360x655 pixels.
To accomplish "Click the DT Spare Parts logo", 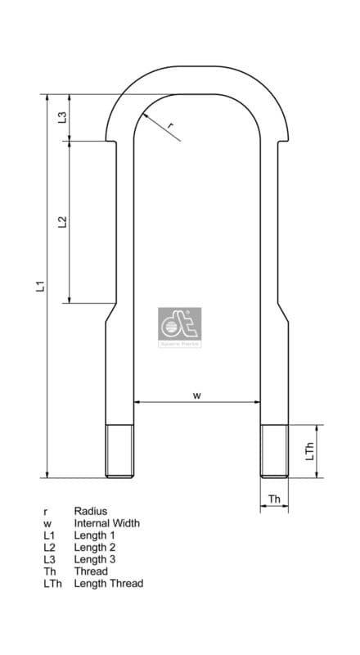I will coord(178,327).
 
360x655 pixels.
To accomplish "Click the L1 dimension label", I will coord(38,286).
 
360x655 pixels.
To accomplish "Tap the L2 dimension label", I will coord(62,222).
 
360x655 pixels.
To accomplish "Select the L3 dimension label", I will coord(62,117).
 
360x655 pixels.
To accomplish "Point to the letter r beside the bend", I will coord(170,125).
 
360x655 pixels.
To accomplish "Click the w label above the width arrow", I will coord(197,395).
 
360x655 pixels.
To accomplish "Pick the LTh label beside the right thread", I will coord(309,451).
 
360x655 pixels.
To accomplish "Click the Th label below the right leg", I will coord(274,498).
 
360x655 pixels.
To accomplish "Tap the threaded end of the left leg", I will coord(119,451).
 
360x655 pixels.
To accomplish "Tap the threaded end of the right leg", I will coord(274,451).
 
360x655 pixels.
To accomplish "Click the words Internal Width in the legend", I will coord(106,522).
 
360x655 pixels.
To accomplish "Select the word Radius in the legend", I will coord(90,510).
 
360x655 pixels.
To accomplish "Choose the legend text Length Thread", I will coord(108,583).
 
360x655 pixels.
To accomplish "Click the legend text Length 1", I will coord(95,535).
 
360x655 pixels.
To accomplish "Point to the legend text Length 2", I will coord(95,547).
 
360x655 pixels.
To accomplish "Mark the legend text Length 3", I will coord(95,559).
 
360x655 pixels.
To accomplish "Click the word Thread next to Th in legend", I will coord(90,571).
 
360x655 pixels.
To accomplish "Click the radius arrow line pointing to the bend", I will coord(160,129).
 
